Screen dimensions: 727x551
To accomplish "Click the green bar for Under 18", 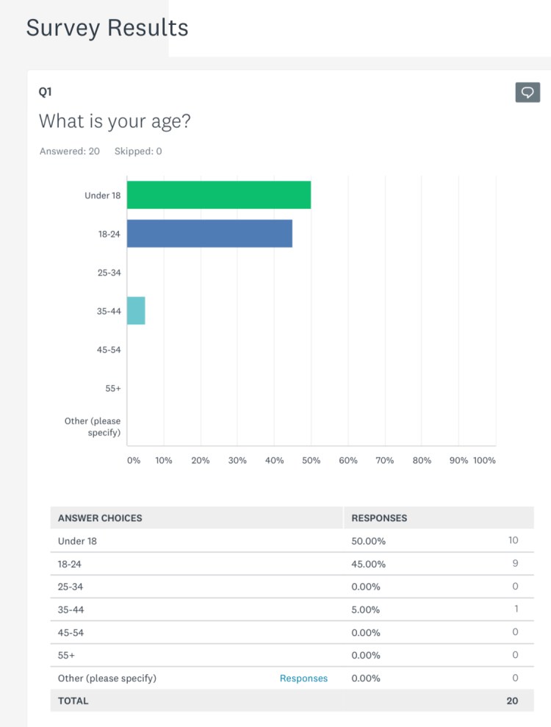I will (x=218, y=194).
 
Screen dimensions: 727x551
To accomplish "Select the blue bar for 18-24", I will (x=209, y=233).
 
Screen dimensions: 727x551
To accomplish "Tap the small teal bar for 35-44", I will (x=136, y=310).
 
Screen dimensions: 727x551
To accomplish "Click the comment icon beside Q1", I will (x=527, y=92).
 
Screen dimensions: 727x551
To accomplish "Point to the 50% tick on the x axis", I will (x=311, y=460).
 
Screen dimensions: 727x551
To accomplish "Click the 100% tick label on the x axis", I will (x=484, y=460).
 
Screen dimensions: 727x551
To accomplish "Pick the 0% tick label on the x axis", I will (x=133, y=460).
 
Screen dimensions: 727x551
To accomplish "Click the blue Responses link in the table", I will (x=303, y=678).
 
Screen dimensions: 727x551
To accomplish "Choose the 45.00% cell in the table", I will (x=369, y=564).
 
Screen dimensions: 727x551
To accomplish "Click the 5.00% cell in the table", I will (x=367, y=609).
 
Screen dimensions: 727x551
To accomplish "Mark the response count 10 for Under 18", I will (x=512, y=540).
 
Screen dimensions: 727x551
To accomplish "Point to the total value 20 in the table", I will (x=511, y=701).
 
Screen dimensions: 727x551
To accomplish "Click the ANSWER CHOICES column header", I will (x=100, y=518).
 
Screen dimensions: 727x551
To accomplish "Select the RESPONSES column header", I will (x=379, y=518).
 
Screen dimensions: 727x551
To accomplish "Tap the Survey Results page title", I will (x=107, y=28).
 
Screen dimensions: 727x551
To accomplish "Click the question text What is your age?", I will (x=115, y=121).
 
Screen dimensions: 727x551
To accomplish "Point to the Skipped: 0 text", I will (x=138, y=151).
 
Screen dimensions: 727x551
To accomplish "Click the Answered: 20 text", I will (x=69, y=151).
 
